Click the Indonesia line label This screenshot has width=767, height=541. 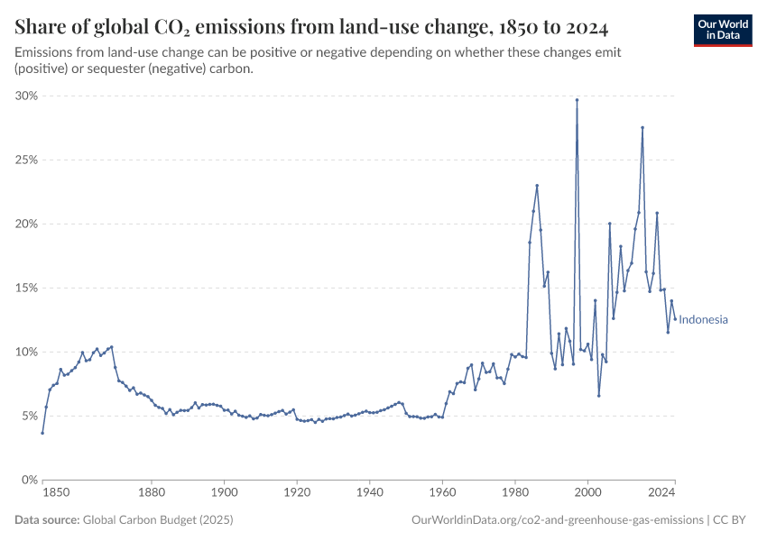703,320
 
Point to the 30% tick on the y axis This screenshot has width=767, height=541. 25,96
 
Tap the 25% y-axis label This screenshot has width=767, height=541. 25,160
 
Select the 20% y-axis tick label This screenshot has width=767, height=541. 25,224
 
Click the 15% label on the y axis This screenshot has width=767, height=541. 25,288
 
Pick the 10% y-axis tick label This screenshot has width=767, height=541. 25,352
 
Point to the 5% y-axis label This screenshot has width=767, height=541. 28,416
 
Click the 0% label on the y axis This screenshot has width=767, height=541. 28,480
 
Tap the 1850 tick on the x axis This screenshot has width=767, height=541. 55,493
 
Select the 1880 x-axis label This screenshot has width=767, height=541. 152,493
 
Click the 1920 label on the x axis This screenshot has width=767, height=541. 297,493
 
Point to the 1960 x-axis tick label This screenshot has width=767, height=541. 442,493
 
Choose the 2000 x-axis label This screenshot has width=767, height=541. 587,493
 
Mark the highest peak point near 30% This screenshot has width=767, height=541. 577,100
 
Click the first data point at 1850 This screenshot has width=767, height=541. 42,433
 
